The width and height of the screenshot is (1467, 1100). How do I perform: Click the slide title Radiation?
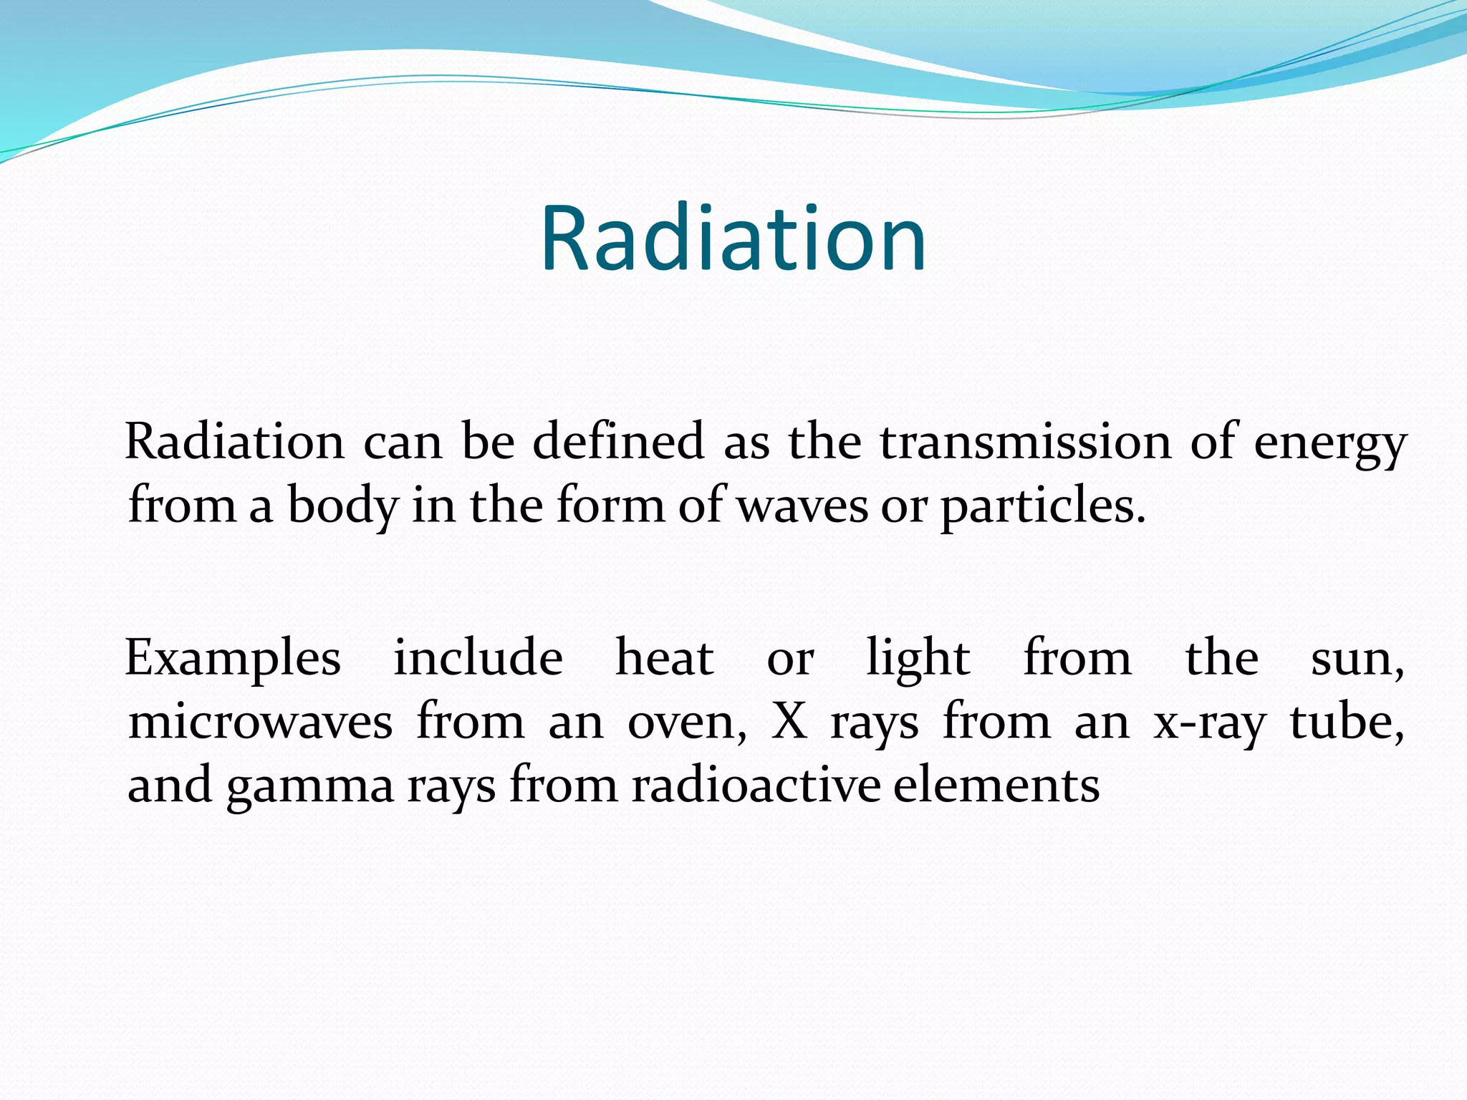[x=733, y=240]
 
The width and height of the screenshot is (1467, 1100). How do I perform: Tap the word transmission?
[x=1025, y=442]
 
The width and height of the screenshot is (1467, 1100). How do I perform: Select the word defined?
[x=618, y=442]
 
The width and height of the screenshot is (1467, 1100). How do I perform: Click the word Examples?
[x=233, y=660]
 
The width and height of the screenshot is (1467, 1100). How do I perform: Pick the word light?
[x=918, y=659]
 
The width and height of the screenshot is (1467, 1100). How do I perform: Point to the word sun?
[x=1356, y=659]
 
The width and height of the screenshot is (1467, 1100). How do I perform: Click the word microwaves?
[x=260, y=722]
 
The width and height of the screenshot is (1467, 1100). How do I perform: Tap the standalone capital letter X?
[x=789, y=721]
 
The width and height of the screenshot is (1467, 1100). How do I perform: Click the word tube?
[x=1345, y=721]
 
